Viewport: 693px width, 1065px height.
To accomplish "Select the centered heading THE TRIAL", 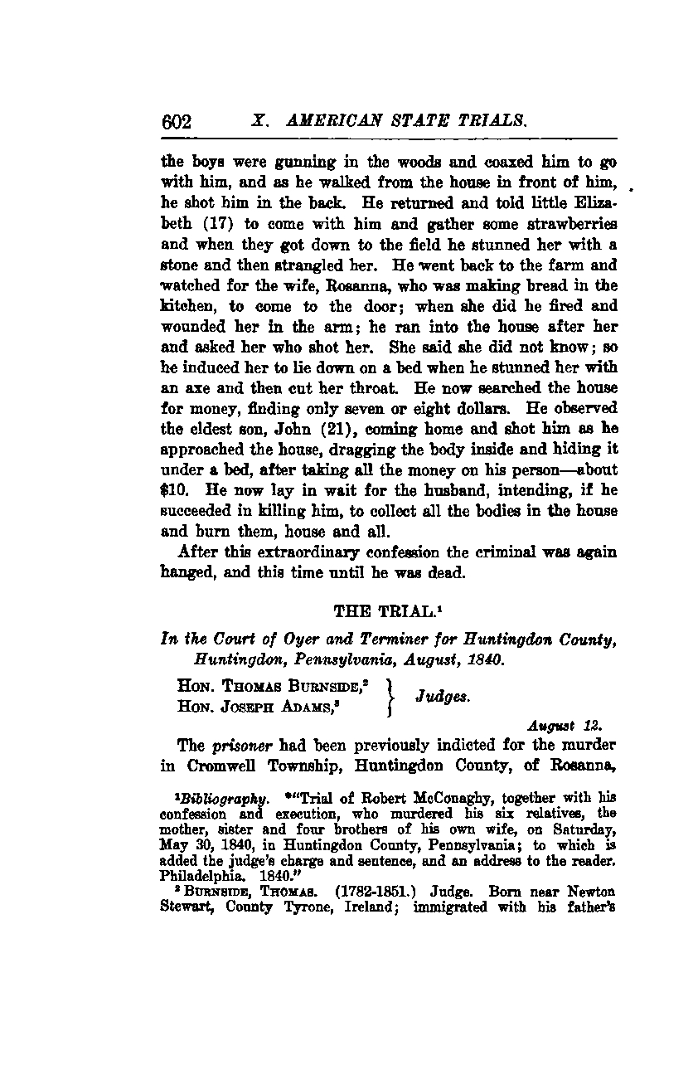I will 375,612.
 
